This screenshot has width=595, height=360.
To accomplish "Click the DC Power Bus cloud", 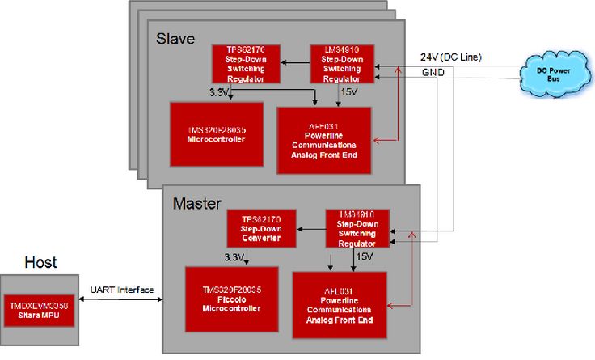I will click(553, 71).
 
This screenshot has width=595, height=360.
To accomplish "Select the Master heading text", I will click(197, 202).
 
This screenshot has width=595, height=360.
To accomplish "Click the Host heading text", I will click(40, 261).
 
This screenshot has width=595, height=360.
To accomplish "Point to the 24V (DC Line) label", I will click(450, 57).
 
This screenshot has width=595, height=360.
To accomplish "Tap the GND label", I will click(433, 73).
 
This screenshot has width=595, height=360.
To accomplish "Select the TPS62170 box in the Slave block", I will click(246, 63).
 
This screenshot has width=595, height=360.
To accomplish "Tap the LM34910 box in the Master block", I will click(356, 228).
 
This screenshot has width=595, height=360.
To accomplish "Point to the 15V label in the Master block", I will click(364, 256).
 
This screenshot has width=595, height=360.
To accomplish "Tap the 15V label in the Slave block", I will click(350, 92).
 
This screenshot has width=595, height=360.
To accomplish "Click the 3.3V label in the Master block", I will click(236, 257).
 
